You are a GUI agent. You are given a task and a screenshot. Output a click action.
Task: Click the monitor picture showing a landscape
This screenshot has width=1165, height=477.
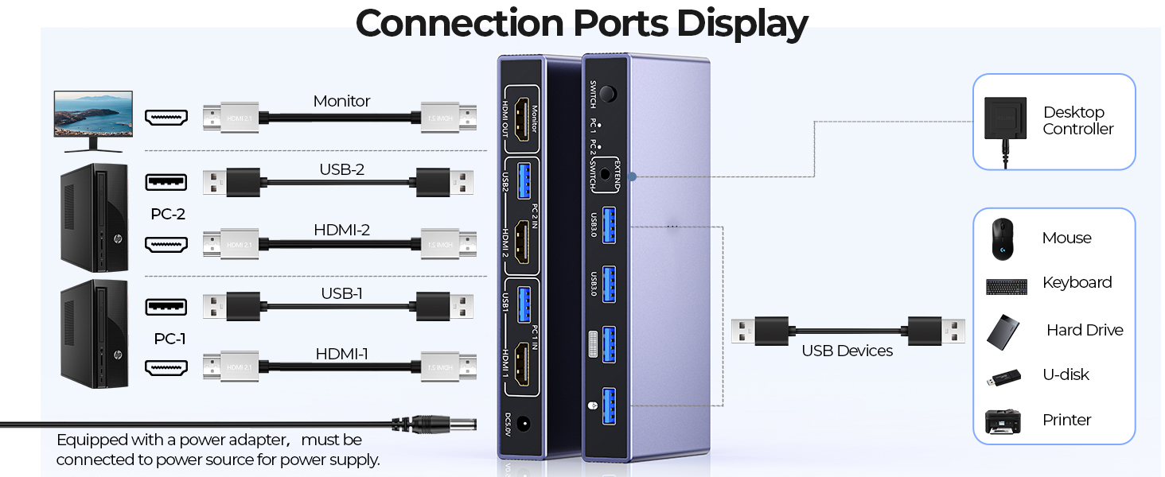93,119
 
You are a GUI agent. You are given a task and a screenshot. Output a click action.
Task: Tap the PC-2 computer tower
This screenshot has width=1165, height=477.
94,217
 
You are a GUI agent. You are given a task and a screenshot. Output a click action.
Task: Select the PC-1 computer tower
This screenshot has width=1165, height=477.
94,334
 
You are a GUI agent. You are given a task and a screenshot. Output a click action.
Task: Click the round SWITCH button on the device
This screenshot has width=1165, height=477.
608,94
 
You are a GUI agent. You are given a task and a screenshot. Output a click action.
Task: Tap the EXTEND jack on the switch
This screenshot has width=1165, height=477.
610,176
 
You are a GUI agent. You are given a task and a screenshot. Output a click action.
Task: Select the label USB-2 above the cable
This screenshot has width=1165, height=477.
341,169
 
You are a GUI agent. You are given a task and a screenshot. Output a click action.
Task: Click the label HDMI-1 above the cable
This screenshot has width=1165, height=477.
341,354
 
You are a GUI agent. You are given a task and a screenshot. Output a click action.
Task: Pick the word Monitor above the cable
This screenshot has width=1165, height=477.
341,101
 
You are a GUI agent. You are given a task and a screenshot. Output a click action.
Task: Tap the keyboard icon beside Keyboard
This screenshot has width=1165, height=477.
1006,286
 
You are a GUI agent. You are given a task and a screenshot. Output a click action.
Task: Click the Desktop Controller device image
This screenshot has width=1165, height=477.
1005,119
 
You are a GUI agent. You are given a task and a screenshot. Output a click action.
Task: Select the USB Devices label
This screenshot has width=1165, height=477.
847,351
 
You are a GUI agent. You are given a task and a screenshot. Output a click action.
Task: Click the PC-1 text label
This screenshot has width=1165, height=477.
169,339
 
